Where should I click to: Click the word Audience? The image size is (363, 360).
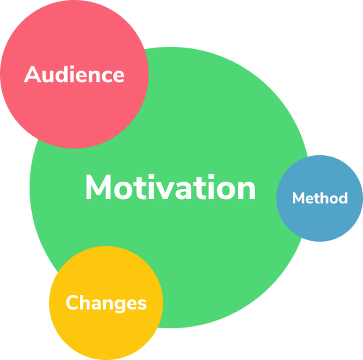(74, 74)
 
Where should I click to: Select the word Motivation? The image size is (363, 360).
(170, 187)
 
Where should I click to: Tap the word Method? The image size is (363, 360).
(320, 198)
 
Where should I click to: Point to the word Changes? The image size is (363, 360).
(106, 303)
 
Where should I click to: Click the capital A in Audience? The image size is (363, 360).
(33, 74)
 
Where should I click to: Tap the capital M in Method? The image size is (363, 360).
(298, 198)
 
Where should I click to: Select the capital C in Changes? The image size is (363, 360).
(73, 302)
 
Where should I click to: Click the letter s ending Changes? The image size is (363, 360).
(142, 304)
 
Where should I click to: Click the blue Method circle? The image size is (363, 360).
(320, 198)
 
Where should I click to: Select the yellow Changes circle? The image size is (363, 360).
(106, 303)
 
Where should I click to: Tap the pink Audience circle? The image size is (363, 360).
(74, 74)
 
